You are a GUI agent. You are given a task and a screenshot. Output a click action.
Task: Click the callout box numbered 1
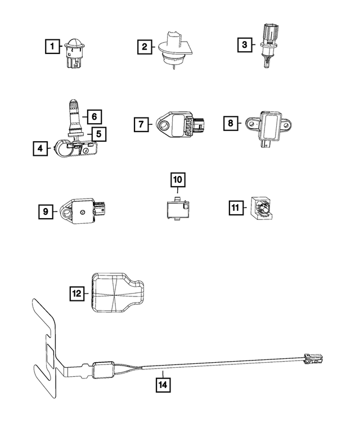click(52, 46)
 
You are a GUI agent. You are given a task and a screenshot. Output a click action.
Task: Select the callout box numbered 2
click(145, 47)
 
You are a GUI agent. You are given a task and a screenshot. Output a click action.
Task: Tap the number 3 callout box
click(245, 45)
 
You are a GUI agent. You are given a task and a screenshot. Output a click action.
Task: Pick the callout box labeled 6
click(94, 116)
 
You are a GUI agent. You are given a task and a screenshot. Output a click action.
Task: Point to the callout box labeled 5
click(99, 134)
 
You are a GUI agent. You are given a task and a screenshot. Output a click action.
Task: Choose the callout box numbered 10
click(178, 180)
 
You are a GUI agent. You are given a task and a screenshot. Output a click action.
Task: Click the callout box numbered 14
click(163, 385)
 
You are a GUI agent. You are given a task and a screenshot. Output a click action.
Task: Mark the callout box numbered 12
click(76, 294)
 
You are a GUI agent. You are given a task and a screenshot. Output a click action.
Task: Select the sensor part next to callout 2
click(175, 49)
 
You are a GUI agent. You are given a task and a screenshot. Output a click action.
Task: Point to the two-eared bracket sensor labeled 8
click(269, 127)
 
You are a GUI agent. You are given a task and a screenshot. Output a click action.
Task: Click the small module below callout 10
click(178, 208)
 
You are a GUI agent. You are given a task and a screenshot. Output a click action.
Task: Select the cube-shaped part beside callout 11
click(262, 208)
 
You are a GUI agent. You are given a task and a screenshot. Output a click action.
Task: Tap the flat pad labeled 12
click(117, 293)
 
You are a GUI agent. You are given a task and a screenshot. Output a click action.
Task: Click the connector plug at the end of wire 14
click(313, 358)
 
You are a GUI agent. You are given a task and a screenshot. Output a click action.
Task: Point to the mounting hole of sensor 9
click(67, 214)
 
